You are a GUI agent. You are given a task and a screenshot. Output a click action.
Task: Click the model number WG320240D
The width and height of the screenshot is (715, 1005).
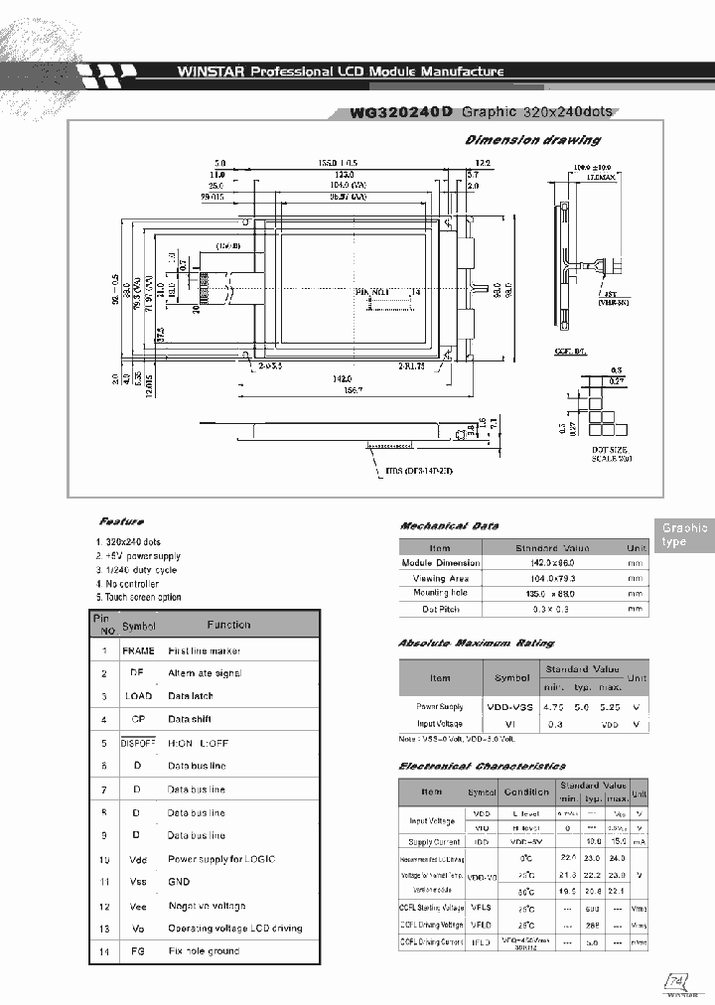coord(401,113)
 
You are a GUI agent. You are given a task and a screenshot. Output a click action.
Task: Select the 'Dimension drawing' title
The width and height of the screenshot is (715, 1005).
coord(532,140)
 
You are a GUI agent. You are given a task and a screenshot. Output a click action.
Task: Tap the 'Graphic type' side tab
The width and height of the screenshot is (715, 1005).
coord(684,534)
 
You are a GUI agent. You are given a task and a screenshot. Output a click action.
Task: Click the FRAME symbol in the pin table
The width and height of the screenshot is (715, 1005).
coord(138,650)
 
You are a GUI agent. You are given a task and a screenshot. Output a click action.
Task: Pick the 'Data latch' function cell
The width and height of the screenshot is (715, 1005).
coord(190,696)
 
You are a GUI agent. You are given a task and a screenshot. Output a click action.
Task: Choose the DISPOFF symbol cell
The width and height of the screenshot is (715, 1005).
coord(138,743)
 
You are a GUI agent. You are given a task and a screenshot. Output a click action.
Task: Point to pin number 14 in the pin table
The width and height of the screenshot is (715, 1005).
coord(103,950)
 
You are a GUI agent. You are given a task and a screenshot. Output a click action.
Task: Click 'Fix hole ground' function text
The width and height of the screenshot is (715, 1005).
coord(204,950)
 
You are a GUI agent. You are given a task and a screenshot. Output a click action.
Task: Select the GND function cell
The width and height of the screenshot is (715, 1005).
coord(179,881)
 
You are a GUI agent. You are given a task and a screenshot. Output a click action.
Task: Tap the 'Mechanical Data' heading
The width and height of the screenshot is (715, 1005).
coord(449,525)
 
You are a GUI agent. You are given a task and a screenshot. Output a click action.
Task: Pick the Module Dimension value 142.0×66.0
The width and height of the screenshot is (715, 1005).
coord(552,563)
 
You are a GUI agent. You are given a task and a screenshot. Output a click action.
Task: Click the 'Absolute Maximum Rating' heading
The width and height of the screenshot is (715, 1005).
coord(476,644)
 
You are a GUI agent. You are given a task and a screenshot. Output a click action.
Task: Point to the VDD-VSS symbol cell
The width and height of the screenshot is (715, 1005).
coord(512,706)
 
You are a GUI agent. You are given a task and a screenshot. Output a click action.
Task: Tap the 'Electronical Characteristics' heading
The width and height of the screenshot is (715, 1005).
coord(482,766)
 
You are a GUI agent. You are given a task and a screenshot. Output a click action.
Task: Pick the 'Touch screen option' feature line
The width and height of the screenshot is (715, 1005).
coord(139,597)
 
